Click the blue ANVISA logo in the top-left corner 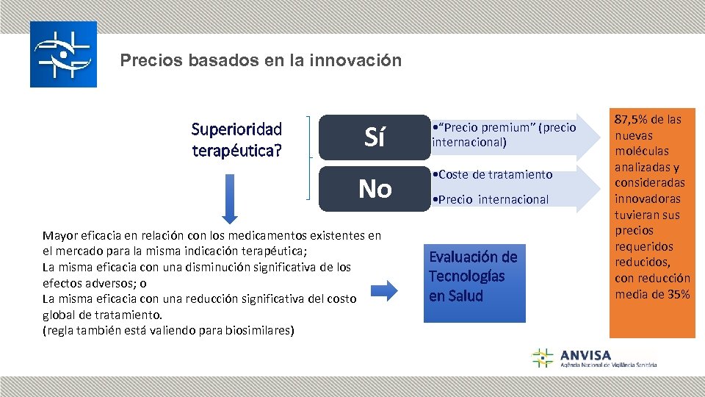pos(63,54)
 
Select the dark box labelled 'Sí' pos(375,137)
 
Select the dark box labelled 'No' pos(375,189)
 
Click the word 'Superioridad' pos(236,129)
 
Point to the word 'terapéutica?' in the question pos(236,151)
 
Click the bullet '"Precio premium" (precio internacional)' pos(505,135)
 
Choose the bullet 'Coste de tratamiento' pos(496,174)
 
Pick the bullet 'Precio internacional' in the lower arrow pos(493,199)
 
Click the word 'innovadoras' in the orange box pos(648,198)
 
